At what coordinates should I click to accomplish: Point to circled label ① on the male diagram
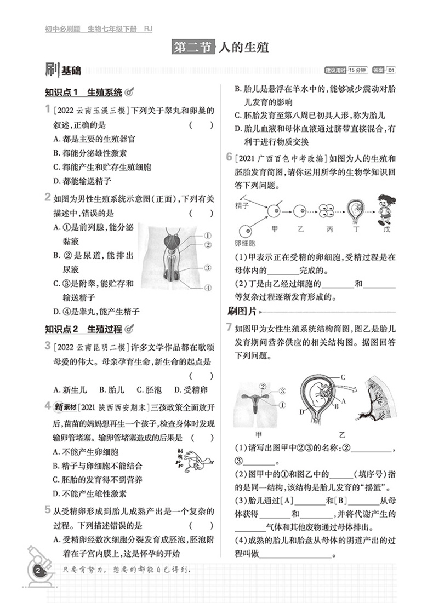(208, 236)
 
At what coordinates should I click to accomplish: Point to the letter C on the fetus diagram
(342, 377)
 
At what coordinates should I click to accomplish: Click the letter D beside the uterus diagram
(301, 411)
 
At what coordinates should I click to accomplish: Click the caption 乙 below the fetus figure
(343, 435)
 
